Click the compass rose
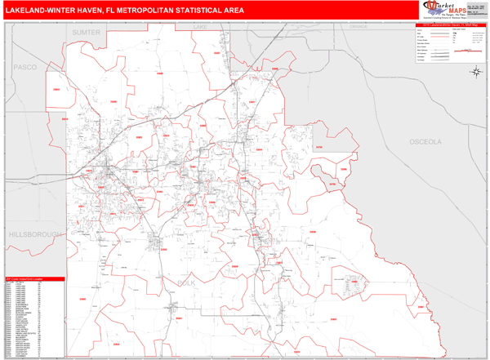pyautogui.click(x=475, y=72)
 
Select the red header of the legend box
pyautogui.click(x=448, y=25)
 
